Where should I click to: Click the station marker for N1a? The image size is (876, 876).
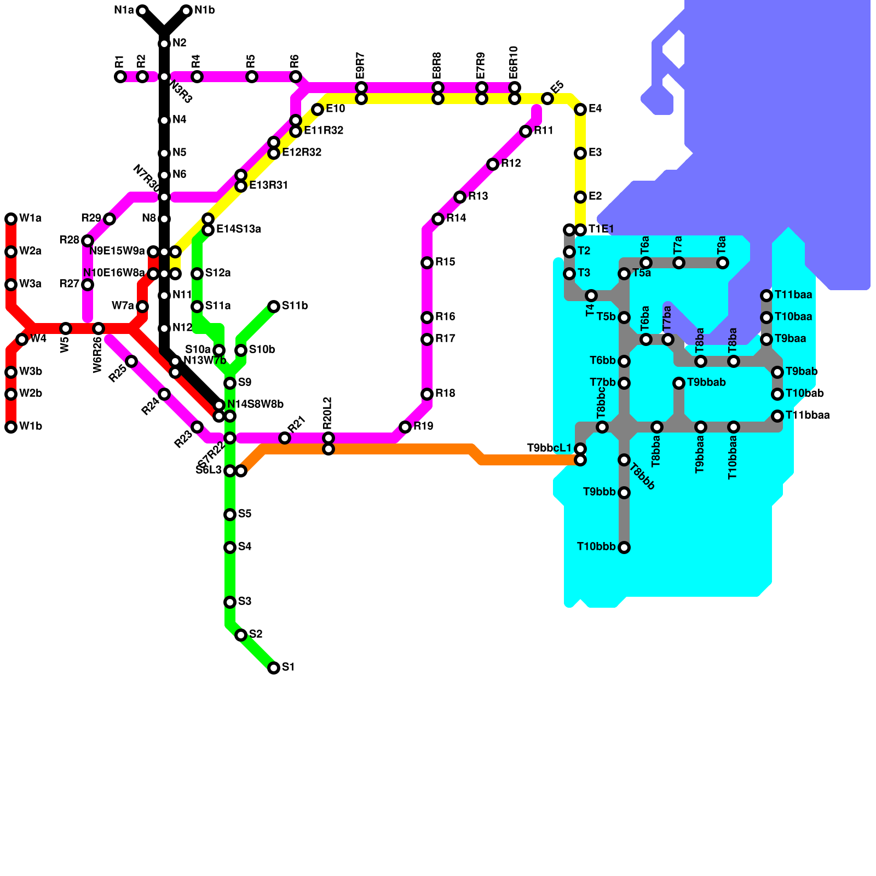142,11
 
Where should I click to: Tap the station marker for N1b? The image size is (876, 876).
186,11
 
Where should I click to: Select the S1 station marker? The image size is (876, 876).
274,667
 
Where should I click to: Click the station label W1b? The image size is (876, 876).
31,427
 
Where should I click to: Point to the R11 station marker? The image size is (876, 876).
526,131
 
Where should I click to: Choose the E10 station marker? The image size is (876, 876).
318,109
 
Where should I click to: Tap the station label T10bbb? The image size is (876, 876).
596,547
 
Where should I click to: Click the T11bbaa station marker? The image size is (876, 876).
777,416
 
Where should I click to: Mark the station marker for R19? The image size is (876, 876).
405,427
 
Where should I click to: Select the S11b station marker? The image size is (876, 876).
274,307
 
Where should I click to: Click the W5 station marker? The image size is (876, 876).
66,328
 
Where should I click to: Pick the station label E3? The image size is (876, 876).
595,153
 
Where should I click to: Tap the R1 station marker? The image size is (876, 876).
120,77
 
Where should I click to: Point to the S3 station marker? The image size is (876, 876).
230,602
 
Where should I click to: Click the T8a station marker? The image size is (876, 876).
723,263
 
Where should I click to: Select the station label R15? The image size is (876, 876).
445,262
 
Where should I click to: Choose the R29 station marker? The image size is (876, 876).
109,219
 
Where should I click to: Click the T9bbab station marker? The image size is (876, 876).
679,383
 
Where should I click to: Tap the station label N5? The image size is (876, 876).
180,153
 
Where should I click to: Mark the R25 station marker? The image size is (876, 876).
131,361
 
